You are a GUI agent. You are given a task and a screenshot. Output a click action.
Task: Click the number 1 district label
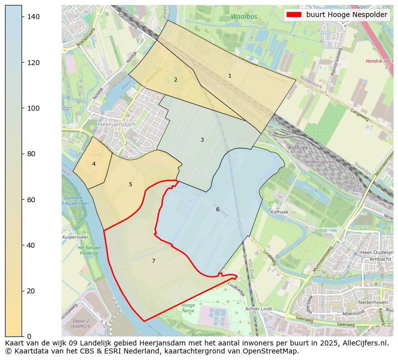pyautogui.click(x=230, y=76)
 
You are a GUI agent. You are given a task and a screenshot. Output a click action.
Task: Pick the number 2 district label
pyautogui.click(x=175, y=80)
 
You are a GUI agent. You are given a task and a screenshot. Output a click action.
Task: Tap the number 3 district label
pyautogui.click(x=202, y=140)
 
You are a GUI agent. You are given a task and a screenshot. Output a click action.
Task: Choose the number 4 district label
pyautogui.click(x=94, y=164)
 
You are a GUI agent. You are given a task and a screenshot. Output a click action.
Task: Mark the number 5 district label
pyautogui.click(x=130, y=184)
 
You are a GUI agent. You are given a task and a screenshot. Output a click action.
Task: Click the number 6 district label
pyautogui.click(x=218, y=209)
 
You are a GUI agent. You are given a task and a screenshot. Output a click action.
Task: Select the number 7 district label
pyautogui.click(x=153, y=261)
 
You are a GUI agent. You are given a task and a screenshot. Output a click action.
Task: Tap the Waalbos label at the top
pyautogui.click(x=244, y=17)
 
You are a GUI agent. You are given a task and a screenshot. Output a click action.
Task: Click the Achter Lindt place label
pyautogui.click(x=259, y=309)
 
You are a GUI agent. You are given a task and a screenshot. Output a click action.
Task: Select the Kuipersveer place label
pyautogui.click(x=75, y=237)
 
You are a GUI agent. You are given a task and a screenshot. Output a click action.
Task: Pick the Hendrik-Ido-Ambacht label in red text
pyautogui.click(x=371, y=62)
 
